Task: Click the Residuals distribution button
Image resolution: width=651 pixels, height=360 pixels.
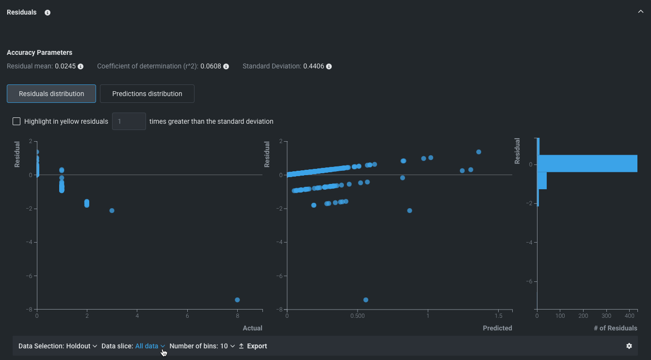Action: click(x=51, y=94)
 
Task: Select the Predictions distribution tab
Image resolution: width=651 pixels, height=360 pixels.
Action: click(x=147, y=94)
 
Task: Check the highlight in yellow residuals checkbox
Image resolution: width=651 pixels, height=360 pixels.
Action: click(x=16, y=121)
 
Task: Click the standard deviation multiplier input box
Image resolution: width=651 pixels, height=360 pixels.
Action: click(x=129, y=121)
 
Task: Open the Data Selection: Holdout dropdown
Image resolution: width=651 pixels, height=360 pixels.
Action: click(x=58, y=346)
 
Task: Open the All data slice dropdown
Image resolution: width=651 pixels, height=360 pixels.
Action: click(x=150, y=346)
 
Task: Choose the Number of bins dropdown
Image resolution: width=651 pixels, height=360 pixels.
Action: click(x=202, y=346)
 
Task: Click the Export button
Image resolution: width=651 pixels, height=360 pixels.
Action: click(x=253, y=346)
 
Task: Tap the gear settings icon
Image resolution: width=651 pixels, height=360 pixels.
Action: click(x=629, y=346)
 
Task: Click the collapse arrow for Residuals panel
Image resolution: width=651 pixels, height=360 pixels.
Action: click(x=641, y=12)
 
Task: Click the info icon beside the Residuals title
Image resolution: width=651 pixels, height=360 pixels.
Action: click(x=48, y=13)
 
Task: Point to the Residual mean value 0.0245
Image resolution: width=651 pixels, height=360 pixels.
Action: click(x=65, y=66)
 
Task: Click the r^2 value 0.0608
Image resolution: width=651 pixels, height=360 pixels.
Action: click(x=211, y=66)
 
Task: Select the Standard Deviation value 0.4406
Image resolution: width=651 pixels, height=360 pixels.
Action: click(x=313, y=66)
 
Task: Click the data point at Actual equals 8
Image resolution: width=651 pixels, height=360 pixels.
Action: click(x=237, y=300)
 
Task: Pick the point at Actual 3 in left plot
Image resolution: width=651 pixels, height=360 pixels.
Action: click(x=112, y=211)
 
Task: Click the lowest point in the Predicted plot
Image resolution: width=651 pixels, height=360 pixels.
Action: click(x=366, y=300)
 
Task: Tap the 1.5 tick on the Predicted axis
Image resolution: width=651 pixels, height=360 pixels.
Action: click(x=498, y=315)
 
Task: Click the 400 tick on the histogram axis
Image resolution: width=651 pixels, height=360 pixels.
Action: click(x=629, y=315)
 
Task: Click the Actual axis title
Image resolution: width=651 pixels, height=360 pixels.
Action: click(x=252, y=328)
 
